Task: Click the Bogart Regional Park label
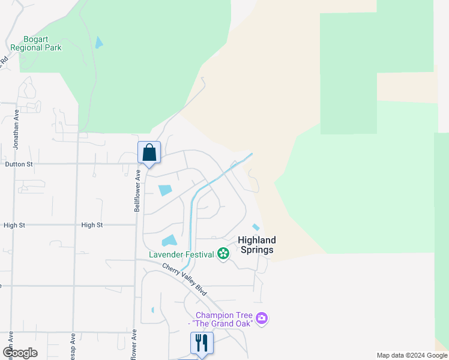point(35,43)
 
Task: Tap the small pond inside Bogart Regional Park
point(98,43)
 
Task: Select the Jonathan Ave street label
point(16,129)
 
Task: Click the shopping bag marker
point(149,152)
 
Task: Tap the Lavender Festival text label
point(181,254)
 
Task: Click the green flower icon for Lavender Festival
point(223,254)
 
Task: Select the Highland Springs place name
point(256,245)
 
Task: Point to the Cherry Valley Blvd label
point(184,278)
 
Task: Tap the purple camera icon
point(261,317)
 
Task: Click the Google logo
point(20,353)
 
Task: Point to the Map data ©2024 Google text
point(411,355)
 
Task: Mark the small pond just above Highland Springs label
point(256,227)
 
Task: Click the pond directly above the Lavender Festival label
point(169,241)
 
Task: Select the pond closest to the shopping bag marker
point(164,190)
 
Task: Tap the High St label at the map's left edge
point(14,226)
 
